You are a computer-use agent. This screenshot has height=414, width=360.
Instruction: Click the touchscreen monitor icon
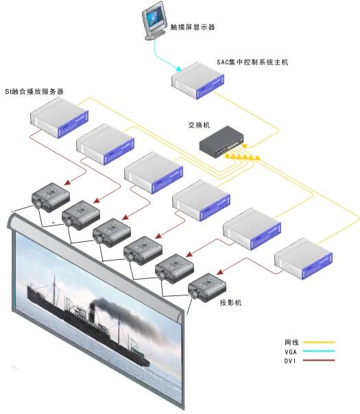tap(155, 21)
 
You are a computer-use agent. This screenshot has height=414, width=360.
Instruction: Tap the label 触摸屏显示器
tap(193, 27)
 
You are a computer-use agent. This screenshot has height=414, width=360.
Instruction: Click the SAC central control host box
tap(197, 80)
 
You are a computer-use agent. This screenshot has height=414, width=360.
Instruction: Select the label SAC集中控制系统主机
tap(252, 62)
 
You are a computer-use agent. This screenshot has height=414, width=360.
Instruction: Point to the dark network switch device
tap(221, 142)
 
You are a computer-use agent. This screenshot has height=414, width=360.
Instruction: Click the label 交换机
tap(199, 125)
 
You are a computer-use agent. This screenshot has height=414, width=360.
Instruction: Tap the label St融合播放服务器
tap(34, 91)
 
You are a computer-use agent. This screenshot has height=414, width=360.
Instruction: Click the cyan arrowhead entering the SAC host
tap(179, 69)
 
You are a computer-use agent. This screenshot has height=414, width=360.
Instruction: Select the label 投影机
tap(230, 302)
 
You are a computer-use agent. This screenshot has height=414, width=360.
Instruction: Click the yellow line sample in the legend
tap(319, 342)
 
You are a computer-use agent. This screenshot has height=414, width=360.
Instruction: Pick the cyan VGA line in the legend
tap(319, 351)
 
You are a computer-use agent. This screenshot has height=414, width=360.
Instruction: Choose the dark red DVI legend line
tap(319, 360)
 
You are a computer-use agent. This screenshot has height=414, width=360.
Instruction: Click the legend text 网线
tap(291, 343)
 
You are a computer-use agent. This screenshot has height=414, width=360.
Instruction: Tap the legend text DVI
tap(290, 361)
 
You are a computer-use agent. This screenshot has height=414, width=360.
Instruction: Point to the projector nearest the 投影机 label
tap(207, 287)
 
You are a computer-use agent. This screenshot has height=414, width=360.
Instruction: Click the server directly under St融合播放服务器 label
tap(59, 117)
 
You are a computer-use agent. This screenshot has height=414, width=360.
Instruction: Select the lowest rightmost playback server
tap(303, 258)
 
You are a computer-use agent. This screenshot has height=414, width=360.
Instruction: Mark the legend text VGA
tap(291, 352)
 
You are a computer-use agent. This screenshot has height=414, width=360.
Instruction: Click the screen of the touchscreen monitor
tap(154, 19)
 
